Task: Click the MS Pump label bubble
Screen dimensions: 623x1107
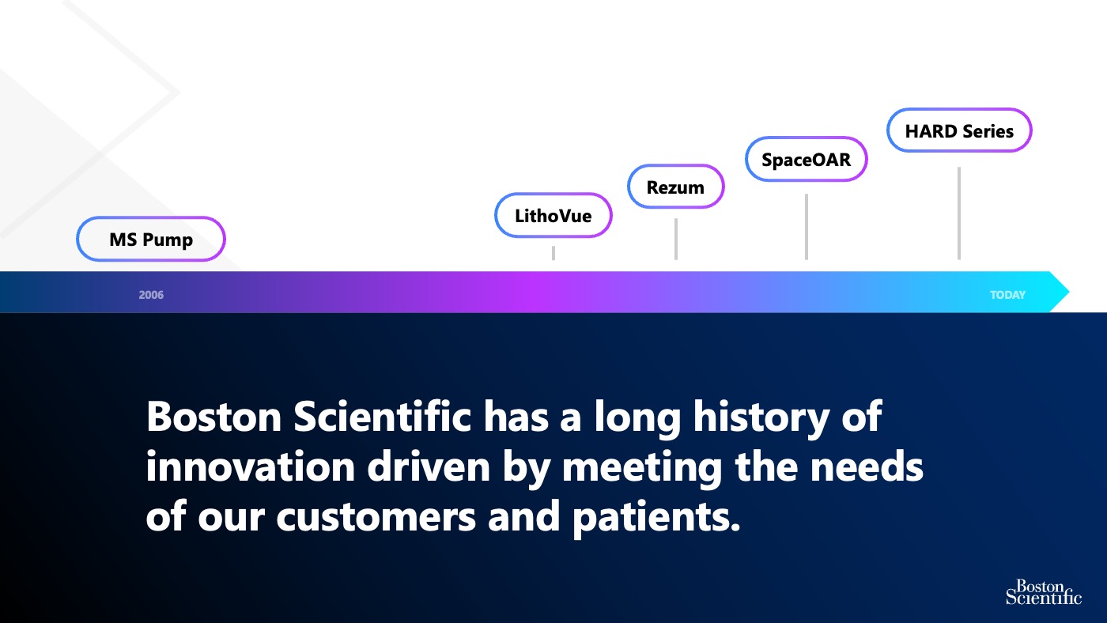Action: click(x=151, y=239)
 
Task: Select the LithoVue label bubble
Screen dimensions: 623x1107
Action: click(x=553, y=215)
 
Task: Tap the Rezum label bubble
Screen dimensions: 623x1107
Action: click(x=675, y=187)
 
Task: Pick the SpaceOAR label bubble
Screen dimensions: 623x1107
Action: click(x=806, y=159)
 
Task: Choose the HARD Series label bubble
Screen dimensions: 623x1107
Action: click(x=959, y=130)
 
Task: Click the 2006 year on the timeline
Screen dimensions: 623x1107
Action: click(x=151, y=295)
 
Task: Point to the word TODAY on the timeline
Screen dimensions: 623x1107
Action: click(x=1007, y=295)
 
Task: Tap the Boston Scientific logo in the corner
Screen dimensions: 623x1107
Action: click(x=1043, y=591)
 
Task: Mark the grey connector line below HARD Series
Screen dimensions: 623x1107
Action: click(x=959, y=213)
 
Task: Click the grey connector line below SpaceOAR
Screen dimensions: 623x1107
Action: click(x=806, y=226)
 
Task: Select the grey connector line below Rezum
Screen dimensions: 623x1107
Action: click(x=675, y=239)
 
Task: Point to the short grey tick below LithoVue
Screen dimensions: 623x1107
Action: click(x=553, y=253)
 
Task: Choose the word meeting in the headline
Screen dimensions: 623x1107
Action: click(x=641, y=467)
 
